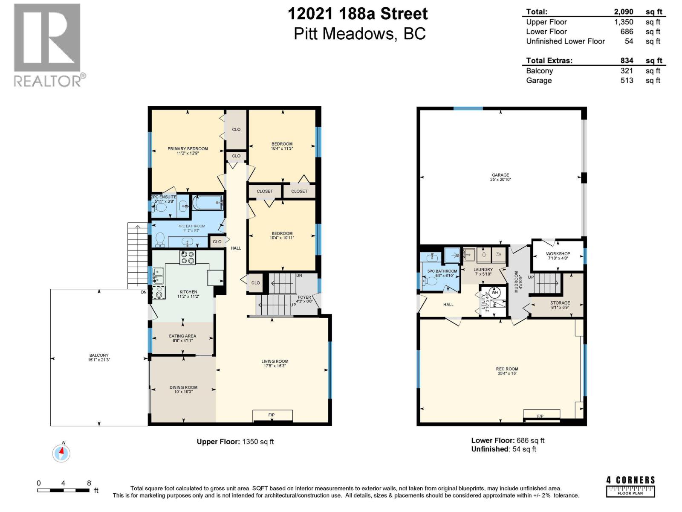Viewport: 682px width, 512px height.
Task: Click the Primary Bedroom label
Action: click(188, 151)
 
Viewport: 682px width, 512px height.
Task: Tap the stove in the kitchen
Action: click(188, 257)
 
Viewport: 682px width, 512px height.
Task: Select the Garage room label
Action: click(500, 177)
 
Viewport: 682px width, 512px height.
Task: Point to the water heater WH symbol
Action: click(494, 293)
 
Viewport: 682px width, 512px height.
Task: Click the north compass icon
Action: click(61, 453)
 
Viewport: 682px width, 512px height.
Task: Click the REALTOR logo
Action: click(47, 45)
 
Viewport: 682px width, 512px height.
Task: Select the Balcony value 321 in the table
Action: click(627, 71)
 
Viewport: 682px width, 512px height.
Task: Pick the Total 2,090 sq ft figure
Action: click(624, 12)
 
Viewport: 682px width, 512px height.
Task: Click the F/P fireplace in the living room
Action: click(272, 415)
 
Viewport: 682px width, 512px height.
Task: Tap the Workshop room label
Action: click(558, 256)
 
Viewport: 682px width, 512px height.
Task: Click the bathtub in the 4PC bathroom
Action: click(208, 203)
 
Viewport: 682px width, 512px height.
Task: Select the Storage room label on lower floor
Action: click(560, 305)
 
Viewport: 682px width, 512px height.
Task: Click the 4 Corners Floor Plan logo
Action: click(630, 486)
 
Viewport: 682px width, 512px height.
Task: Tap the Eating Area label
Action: click(182, 338)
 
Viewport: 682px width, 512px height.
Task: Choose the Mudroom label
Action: click(517, 282)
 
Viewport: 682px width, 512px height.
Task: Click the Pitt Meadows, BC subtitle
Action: click(359, 34)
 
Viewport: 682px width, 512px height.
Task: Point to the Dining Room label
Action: click(183, 389)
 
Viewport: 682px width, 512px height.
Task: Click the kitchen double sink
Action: click(158, 275)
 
